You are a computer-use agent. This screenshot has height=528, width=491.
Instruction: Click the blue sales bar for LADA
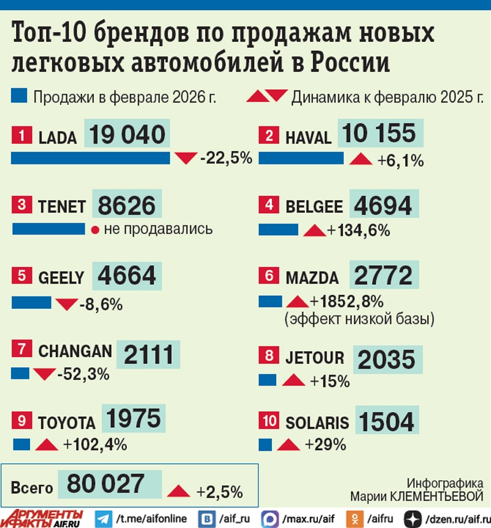[x=90, y=158]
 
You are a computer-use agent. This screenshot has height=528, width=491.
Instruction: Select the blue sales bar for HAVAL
[x=301, y=158]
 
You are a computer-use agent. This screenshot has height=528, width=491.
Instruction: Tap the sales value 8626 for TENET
[x=127, y=206]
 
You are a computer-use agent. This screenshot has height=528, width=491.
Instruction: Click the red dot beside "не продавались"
[x=95, y=230]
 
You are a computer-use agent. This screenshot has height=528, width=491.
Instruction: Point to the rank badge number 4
[x=268, y=206]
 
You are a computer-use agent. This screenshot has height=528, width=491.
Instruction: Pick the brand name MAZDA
[x=312, y=278]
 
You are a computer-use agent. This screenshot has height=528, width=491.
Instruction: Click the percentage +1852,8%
[x=347, y=301]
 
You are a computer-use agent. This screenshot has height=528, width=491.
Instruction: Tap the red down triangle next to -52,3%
[x=44, y=373]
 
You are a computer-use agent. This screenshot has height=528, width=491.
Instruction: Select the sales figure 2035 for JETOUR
[x=386, y=361]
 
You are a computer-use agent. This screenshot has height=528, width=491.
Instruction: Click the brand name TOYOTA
[x=66, y=423]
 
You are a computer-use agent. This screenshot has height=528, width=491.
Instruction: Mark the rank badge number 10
[x=268, y=421]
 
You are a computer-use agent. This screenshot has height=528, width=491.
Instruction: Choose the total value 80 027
[x=106, y=484]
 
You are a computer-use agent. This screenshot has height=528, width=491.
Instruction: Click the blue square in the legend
[x=19, y=96]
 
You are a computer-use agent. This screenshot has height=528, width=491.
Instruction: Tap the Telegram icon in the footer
[x=103, y=519]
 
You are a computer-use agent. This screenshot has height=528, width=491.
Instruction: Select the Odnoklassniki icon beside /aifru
[x=354, y=519]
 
